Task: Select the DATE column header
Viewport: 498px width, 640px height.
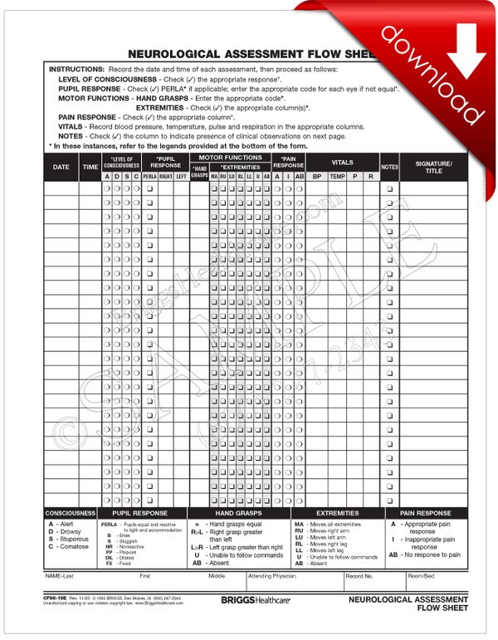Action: [x=61, y=167]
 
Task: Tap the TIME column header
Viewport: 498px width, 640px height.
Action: [x=90, y=167]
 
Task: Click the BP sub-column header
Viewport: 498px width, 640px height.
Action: [x=317, y=176]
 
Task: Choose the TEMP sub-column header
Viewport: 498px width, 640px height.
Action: [x=337, y=176]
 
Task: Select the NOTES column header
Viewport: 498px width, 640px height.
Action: [x=390, y=167]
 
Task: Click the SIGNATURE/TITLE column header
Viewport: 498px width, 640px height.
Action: [x=428, y=167]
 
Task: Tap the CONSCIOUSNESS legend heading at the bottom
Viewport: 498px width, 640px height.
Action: [x=71, y=513]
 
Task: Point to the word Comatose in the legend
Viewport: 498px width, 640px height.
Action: [x=73, y=546]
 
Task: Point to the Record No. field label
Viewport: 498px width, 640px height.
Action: [x=359, y=574]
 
